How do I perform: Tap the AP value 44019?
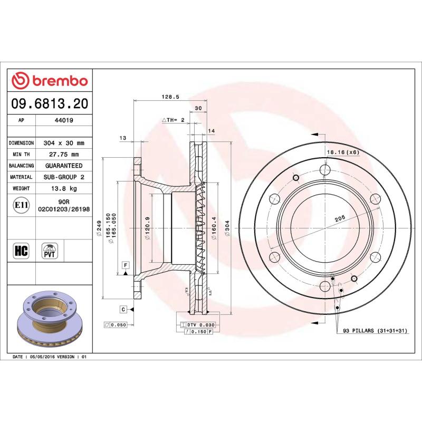(x=64, y=120)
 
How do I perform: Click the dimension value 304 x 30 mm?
(x=64, y=143)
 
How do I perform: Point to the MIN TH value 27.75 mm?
(x=64, y=155)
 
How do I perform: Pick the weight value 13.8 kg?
(x=64, y=188)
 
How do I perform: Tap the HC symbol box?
(x=21, y=251)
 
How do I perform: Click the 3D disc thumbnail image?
(x=50, y=319)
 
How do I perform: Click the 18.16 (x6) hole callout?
(x=343, y=152)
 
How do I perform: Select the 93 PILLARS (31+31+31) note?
(x=375, y=330)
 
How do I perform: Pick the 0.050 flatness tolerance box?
(x=116, y=325)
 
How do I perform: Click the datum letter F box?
(x=126, y=264)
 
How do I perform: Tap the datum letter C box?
(x=122, y=309)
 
